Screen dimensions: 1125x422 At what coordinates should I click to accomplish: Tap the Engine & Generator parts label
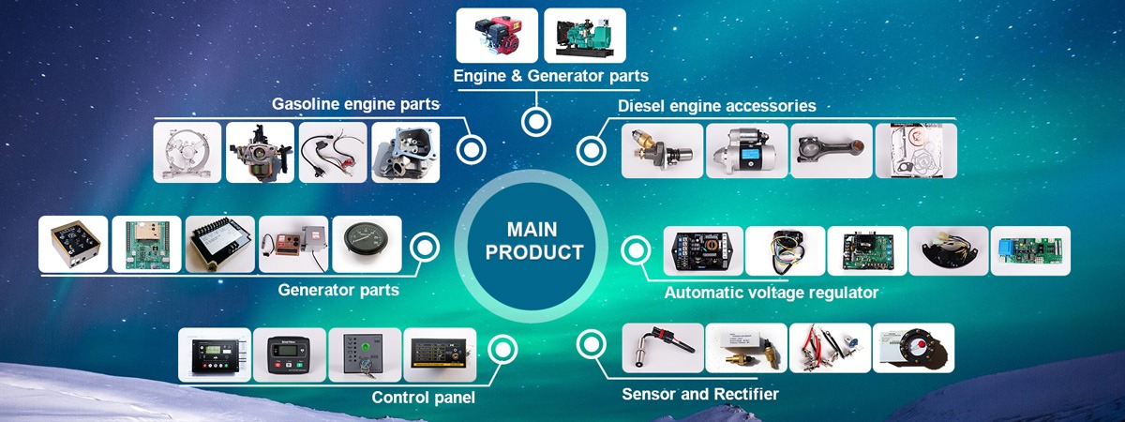click(550, 76)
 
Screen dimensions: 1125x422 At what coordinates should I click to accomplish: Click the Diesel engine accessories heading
click(717, 106)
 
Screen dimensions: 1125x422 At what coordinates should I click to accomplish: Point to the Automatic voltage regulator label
click(771, 293)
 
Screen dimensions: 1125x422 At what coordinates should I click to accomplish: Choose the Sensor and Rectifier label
click(700, 394)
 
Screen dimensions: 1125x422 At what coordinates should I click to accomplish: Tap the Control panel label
click(423, 397)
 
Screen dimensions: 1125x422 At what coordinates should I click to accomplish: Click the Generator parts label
click(338, 290)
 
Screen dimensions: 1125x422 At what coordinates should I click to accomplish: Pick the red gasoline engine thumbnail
click(497, 36)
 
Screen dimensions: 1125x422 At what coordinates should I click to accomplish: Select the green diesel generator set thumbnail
click(585, 36)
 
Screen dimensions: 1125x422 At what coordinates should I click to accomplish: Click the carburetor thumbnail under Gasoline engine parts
click(260, 152)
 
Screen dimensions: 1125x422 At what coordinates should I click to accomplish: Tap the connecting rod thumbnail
click(831, 151)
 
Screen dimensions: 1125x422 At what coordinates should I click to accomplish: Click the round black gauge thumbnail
click(367, 244)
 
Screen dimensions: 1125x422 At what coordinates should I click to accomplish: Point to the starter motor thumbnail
click(746, 151)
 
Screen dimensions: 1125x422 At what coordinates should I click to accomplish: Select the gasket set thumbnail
click(915, 151)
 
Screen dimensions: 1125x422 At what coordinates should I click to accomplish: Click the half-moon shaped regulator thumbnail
click(947, 250)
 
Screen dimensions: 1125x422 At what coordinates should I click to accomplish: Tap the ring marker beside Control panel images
click(503, 350)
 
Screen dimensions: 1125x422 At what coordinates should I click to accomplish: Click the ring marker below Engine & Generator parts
click(536, 121)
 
